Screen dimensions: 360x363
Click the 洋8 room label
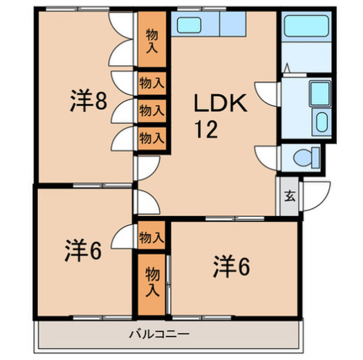(x=88, y=102)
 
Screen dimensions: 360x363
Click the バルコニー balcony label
(x=159, y=334)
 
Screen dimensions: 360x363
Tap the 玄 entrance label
(x=289, y=195)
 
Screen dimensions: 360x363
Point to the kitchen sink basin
(x=187, y=26)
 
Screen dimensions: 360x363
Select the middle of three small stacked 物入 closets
(x=151, y=110)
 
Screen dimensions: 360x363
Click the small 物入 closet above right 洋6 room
(x=151, y=237)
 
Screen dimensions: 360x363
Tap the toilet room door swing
(x=266, y=156)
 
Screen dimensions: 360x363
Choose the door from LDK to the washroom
(x=266, y=92)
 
